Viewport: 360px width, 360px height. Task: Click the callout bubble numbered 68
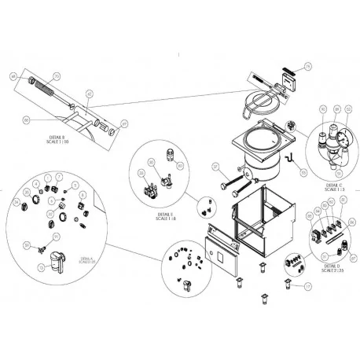click(x=12, y=76)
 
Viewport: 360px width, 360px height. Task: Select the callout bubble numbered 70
click(x=56, y=77)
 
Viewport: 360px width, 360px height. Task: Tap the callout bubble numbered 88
click(x=28, y=119)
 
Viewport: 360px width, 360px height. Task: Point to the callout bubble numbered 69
click(x=123, y=123)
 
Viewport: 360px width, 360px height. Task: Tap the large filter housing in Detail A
click(x=54, y=257)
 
